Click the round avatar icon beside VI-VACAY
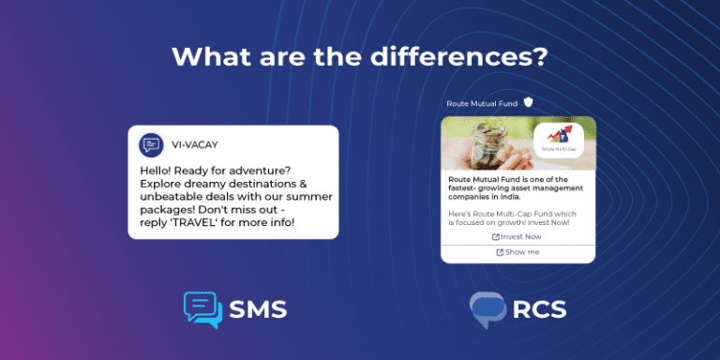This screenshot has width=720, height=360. point(151,145)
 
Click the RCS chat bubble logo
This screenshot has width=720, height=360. point(487,310)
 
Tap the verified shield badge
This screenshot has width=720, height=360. point(529,102)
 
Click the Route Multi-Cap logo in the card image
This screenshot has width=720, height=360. point(558,141)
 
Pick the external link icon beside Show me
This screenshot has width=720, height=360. point(500,252)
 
